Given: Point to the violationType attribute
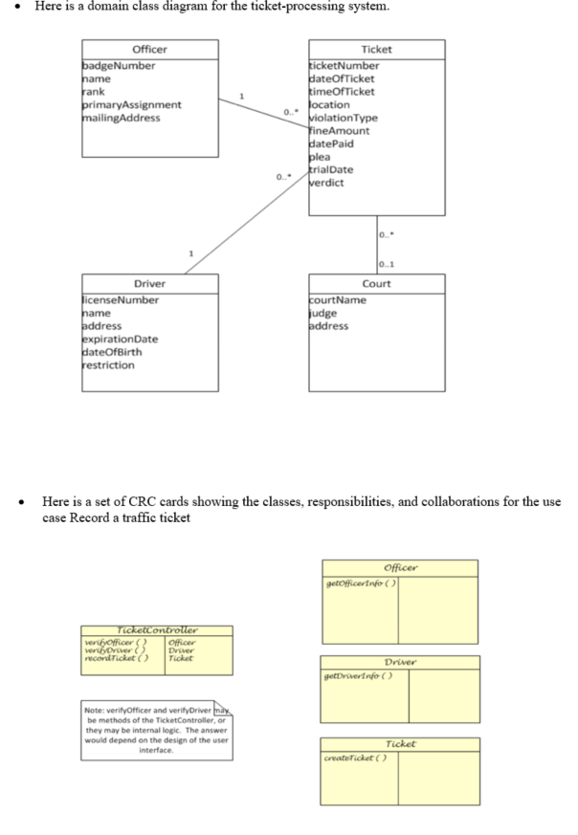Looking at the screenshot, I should [x=343, y=119].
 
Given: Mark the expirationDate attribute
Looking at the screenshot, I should [x=120, y=340].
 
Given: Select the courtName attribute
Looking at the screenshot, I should [x=339, y=300].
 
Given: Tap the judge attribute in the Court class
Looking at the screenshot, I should [x=323, y=313].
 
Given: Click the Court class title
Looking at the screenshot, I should [x=376, y=284].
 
